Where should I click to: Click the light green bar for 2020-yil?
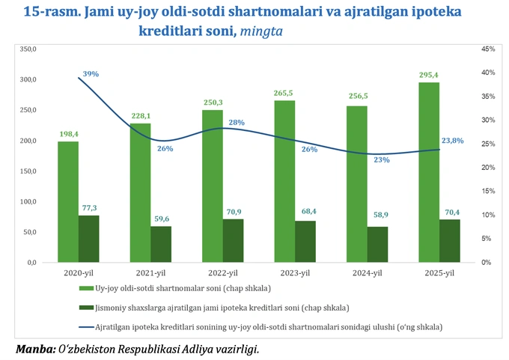coord(68,202)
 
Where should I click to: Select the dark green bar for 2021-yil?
coord(161,244)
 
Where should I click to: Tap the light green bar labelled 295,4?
coord(429,172)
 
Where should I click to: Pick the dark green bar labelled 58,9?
coord(378,244)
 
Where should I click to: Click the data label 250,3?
coord(213,103)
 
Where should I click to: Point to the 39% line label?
coord(91,74)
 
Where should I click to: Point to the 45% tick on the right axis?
coord(488,49)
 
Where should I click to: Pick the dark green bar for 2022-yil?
coord(233,240)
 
